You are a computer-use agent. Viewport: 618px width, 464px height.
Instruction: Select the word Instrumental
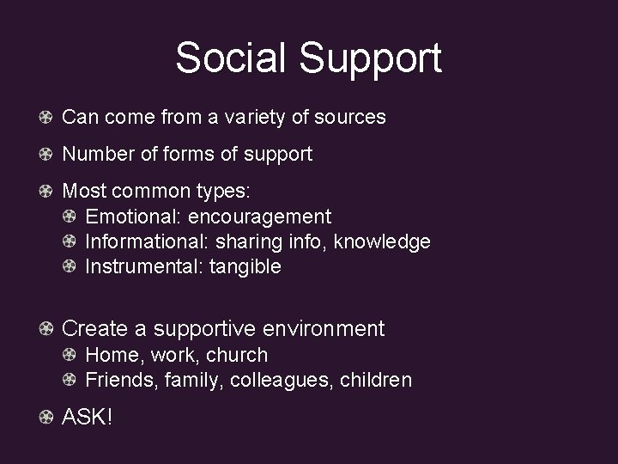pyautogui.click(x=142, y=266)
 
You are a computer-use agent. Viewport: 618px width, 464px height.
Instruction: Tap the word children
pyautogui.click(x=377, y=379)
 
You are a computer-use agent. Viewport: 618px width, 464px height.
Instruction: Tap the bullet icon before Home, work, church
pyautogui.click(x=72, y=354)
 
